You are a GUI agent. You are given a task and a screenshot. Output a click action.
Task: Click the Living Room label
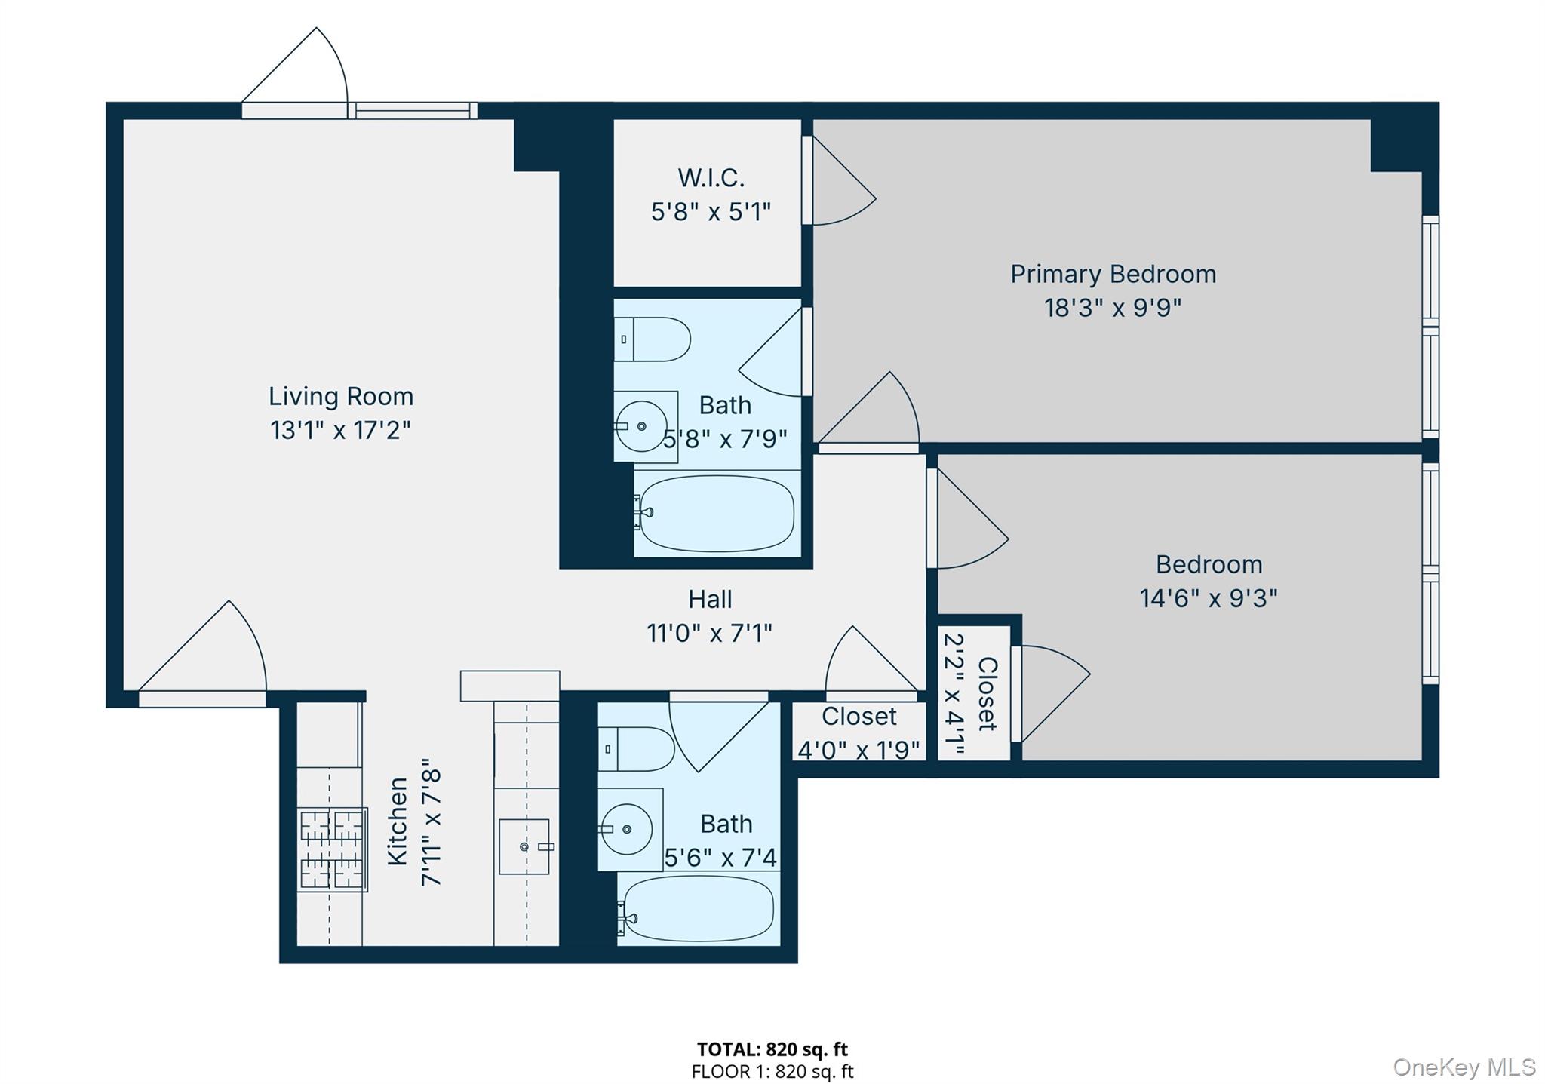341,396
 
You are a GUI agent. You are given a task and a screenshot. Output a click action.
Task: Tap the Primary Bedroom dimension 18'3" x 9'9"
1112,309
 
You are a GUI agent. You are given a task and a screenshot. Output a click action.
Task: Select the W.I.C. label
711,178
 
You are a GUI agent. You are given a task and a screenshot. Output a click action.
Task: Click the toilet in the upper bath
653,339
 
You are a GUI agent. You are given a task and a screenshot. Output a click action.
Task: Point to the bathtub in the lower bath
698,908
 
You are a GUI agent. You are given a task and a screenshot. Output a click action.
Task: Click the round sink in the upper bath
641,426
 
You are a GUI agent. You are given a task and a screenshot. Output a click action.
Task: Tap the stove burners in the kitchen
332,849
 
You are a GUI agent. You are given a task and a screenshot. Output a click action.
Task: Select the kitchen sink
524,846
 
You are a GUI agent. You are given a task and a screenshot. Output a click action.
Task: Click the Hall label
710,600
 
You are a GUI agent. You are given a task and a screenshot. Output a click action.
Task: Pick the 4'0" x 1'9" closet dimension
859,750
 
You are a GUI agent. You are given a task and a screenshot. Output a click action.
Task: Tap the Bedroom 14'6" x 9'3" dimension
1208,599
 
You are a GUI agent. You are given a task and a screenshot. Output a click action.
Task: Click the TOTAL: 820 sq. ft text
772,1049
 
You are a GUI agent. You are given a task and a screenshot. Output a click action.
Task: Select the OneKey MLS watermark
1464,1067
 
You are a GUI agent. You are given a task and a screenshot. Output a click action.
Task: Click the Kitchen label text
398,821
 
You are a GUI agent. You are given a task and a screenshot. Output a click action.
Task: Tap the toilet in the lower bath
637,749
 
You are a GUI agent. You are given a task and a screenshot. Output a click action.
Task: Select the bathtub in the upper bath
715,513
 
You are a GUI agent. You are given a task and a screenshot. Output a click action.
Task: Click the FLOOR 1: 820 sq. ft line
772,1071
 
